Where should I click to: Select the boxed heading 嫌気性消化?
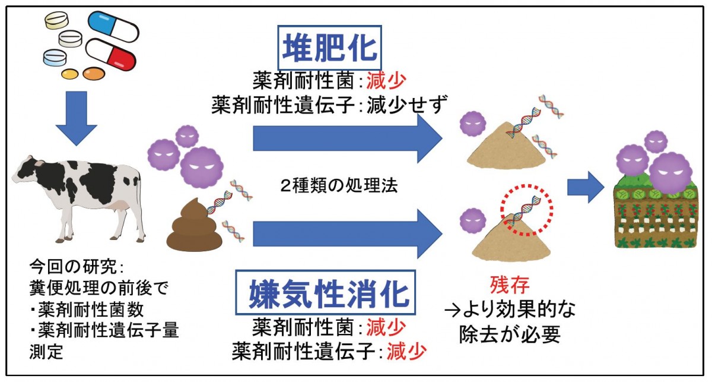pyautogui.click(x=329, y=293)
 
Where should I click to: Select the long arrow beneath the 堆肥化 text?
pyautogui.click(x=347, y=138)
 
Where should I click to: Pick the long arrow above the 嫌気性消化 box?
pyautogui.click(x=347, y=233)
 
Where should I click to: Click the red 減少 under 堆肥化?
pyautogui.click(x=386, y=78)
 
